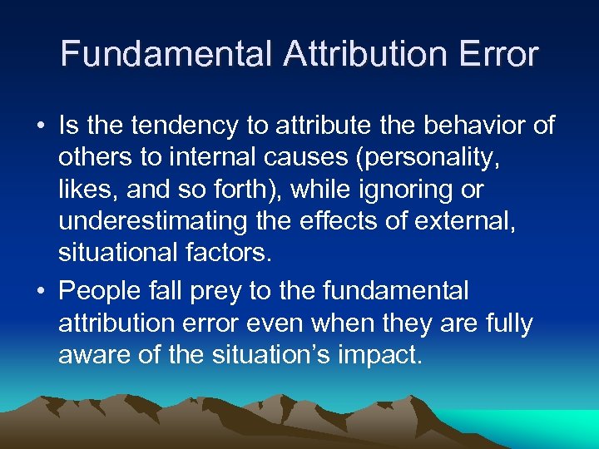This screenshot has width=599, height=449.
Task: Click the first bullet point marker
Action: coord(40,126)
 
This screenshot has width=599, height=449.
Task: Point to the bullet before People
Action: coord(40,292)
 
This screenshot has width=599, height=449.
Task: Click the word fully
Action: coord(504,323)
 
